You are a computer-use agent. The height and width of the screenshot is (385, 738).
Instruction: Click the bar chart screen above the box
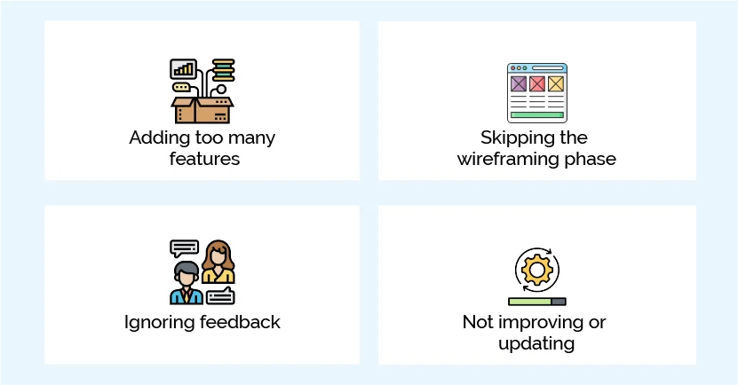(x=184, y=69)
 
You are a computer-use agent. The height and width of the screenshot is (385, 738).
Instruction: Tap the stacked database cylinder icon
(x=223, y=69)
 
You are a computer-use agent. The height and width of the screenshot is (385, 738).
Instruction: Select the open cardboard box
(x=202, y=110)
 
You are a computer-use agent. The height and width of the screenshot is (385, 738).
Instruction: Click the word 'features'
(x=204, y=160)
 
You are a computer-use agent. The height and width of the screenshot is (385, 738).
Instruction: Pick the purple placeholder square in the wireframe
(x=518, y=83)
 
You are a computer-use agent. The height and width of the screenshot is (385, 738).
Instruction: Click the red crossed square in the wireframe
(x=537, y=83)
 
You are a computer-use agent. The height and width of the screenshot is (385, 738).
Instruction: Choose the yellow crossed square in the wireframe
(x=556, y=83)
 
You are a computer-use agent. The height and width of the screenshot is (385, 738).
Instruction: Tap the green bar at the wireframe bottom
(x=536, y=114)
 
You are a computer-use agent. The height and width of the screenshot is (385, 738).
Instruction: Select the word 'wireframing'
(x=512, y=160)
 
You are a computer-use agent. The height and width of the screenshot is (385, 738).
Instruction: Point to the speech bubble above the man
(x=184, y=247)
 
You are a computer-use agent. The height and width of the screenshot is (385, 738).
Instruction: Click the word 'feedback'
(x=237, y=322)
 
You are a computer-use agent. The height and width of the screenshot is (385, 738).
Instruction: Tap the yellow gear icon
(x=536, y=268)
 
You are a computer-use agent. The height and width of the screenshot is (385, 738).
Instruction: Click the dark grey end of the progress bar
(x=558, y=302)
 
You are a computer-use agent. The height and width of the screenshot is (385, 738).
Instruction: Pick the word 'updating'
(x=536, y=343)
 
